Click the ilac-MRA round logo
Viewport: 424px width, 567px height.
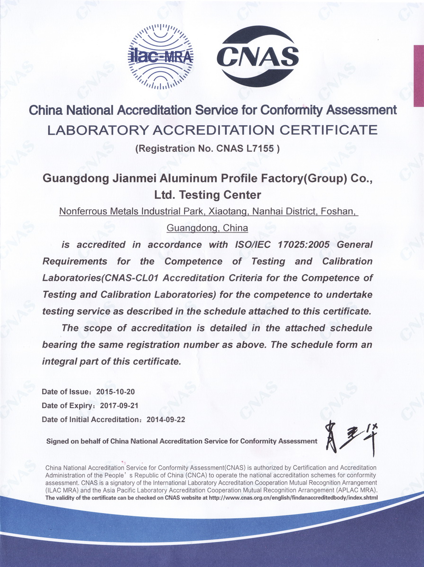point(160,57)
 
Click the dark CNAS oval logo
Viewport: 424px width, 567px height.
point(257,56)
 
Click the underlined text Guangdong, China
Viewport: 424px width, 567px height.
point(208,228)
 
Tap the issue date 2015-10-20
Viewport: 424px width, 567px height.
point(115,392)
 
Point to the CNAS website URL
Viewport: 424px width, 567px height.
point(293,498)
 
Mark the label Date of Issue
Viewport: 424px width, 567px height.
point(61,392)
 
